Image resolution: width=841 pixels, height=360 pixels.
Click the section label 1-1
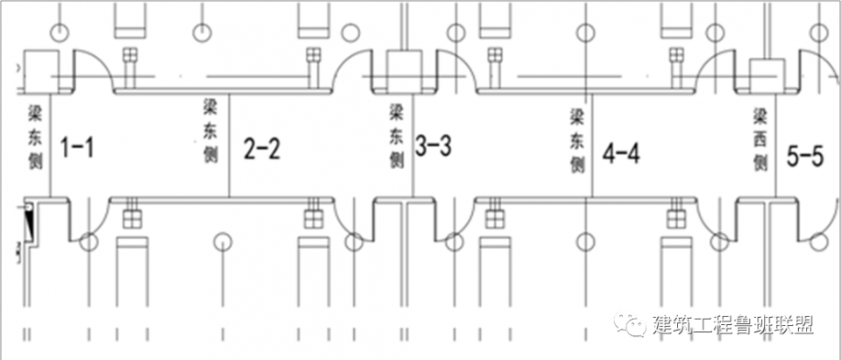[77, 147]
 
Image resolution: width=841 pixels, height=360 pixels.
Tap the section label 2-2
[262, 148]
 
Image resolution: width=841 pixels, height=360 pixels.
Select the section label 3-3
[434, 145]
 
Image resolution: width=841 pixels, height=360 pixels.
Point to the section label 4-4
[621, 153]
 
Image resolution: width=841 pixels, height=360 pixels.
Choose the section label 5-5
[805, 157]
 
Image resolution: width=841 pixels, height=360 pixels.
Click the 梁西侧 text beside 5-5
[760, 139]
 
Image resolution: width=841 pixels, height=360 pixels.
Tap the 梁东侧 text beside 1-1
[38, 138]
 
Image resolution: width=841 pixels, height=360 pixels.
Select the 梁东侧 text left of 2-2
[210, 131]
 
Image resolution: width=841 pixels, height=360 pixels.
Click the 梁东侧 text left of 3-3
[397, 137]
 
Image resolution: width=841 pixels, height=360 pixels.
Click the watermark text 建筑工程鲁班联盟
[733, 325]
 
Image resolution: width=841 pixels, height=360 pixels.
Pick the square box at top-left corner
[40, 70]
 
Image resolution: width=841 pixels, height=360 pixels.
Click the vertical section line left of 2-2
[230, 146]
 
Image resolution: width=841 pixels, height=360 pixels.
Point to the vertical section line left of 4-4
[592, 146]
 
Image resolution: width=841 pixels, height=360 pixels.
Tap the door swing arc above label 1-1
[95, 70]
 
